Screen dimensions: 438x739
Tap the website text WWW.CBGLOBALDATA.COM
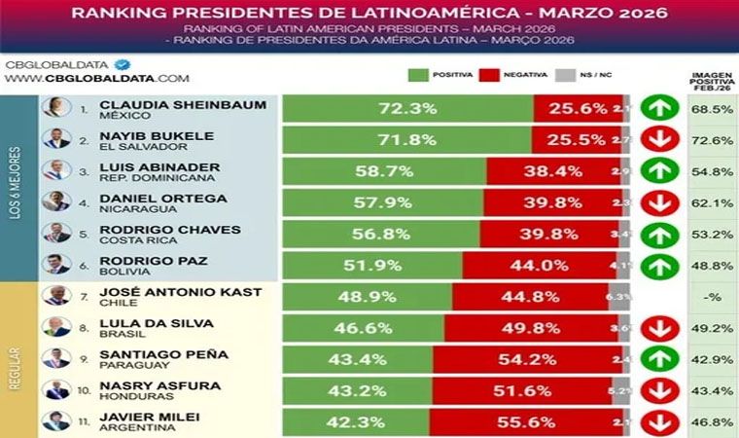pyautogui.click(x=97, y=78)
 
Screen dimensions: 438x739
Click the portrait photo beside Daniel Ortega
pyautogui.click(x=55, y=202)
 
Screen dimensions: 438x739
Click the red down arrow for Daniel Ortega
pyautogui.click(x=660, y=202)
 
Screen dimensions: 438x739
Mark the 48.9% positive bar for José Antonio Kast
pyautogui.click(x=368, y=296)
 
